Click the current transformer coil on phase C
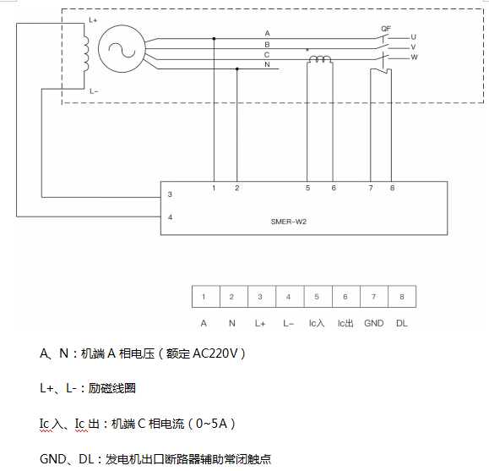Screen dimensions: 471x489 pyautogui.click(x=320, y=59)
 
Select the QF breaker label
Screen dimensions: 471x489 pyautogui.click(x=386, y=28)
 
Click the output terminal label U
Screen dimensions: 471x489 pyautogui.click(x=414, y=37)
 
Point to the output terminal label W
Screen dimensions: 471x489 pyautogui.click(x=414, y=58)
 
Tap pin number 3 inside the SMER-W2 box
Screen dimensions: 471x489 pyautogui.click(x=171, y=194)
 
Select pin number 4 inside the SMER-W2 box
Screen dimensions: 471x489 pyautogui.click(x=171, y=217)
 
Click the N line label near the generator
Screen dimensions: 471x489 pyautogui.click(x=267, y=65)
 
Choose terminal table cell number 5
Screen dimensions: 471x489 pyautogui.click(x=317, y=297)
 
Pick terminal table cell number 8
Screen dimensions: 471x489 pyautogui.click(x=401, y=297)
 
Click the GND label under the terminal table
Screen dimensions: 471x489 pyautogui.click(x=372, y=323)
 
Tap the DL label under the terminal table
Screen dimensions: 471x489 pyautogui.click(x=401, y=323)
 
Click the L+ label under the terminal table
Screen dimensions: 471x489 pyautogui.click(x=260, y=323)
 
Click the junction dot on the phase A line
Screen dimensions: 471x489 pyautogui.click(x=214, y=38)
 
